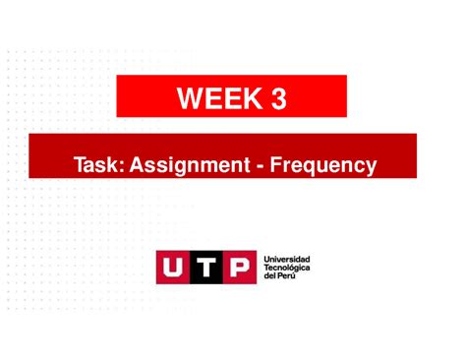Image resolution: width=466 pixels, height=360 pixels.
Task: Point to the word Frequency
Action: tap(325, 166)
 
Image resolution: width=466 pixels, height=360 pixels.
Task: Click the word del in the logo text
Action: tap(269, 276)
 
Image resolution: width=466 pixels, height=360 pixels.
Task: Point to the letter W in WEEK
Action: tap(190, 98)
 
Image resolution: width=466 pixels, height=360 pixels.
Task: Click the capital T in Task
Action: tap(79, 165)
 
